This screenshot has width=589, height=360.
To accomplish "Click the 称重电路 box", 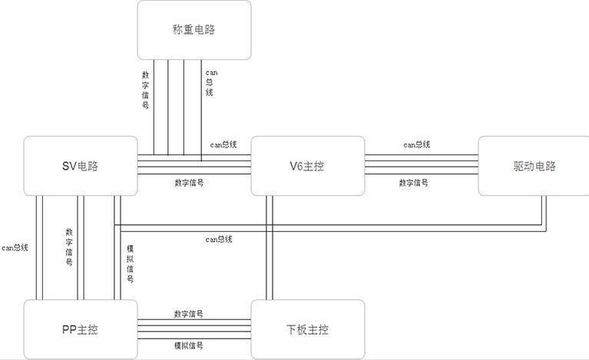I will pyautogui.click(x=194, y=30).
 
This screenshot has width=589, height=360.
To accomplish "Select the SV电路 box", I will pyautogui.click(x=80, y=166).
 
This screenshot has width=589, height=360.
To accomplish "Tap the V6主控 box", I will pyautogui.click(x=308, y=166).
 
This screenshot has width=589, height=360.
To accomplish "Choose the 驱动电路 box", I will pyautogui.click(x=534, y=166).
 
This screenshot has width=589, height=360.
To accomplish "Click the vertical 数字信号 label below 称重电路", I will pyautogui.click(x=145, y=90).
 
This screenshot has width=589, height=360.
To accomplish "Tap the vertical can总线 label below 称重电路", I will pyautogui.click(x=210, y=82).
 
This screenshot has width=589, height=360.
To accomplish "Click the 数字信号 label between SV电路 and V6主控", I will pyautogui.click(x=189, y=183).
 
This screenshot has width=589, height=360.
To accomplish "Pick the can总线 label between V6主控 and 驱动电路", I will pyautogui.click(x=416, y=144).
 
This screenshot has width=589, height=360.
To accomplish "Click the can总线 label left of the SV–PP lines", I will pyautogui.click(x=15, y=248).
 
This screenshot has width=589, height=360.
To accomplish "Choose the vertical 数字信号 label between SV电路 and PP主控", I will pyautogui.click(x=69, y=246).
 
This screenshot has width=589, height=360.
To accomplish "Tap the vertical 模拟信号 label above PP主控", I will pyautogui.click(x=129, y=263).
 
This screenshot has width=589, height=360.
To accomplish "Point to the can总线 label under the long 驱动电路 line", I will pyautogui.click(x=218, y=239).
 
